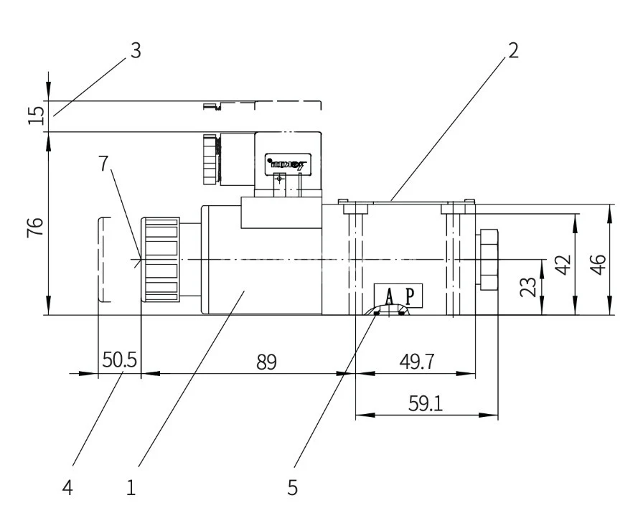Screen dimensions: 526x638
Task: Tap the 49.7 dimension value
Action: (416, 361)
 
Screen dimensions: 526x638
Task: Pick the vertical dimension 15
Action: (36, 115)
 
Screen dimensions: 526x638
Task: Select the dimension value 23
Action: (528, 286)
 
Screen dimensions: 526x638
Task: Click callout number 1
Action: (131, 488)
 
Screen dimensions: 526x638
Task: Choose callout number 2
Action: (512, 51)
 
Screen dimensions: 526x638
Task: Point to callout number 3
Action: (135, 51)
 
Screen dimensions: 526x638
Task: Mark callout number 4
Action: (67, 488)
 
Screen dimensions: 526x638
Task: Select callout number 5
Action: (292, 488)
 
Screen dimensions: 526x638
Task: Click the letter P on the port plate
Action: (410, 296)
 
